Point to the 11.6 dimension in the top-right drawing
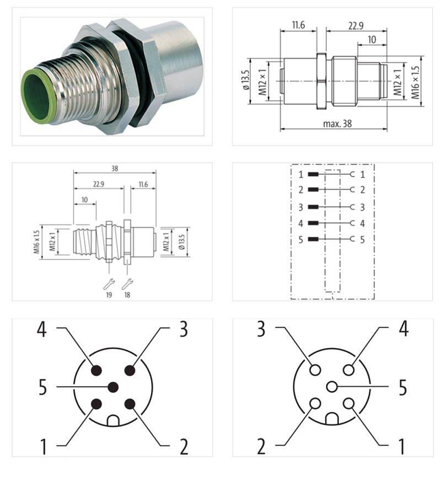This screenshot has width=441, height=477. point(298,25)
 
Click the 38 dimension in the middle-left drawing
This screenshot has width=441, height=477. point(114,168)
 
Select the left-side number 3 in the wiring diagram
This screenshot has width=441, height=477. point(300,207)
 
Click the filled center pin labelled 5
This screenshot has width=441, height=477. point(114,387)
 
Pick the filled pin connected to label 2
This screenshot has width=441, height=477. point(130,404)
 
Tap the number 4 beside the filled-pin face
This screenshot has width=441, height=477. point(42,329)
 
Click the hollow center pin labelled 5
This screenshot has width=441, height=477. point(331,387)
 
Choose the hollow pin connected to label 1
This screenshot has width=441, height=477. point(348,404)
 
